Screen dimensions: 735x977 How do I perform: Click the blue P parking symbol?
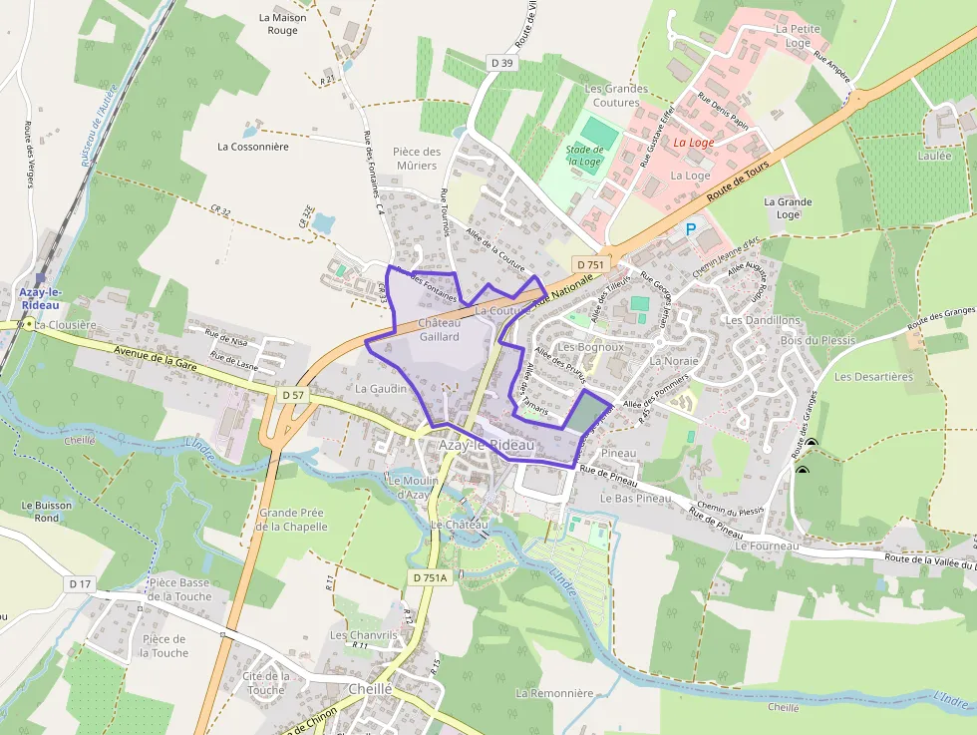click(x=691, y=230)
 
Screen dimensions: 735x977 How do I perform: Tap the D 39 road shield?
click(x=503, y=63)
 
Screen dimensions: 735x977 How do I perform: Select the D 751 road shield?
click(x=590, y=263)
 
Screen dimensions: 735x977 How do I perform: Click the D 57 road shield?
click(x=292, y=395)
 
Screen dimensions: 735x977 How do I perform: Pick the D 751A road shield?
click(x=432, y=576)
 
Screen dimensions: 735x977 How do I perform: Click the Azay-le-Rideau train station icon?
click(x=41, y=277)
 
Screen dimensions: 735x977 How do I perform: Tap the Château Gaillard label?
click(x=439, y=329)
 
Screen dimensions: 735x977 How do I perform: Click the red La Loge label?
click(x=693, y=143)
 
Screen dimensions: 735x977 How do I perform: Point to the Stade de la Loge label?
click(x=583, y=156)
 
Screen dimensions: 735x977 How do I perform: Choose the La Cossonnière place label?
click(x=252, y=146)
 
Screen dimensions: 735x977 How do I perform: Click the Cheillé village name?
click(x=371, y=689)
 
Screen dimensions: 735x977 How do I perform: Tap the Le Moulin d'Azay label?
click(x=406, y=487)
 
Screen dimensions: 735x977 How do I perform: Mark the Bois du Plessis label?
click(x=818, y=340)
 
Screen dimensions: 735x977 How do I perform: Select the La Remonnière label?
click(x=554, y=693)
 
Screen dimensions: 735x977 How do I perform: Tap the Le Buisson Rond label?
click(x=47, y=511)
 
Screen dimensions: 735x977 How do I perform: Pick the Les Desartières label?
click(x=873, y=377)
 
